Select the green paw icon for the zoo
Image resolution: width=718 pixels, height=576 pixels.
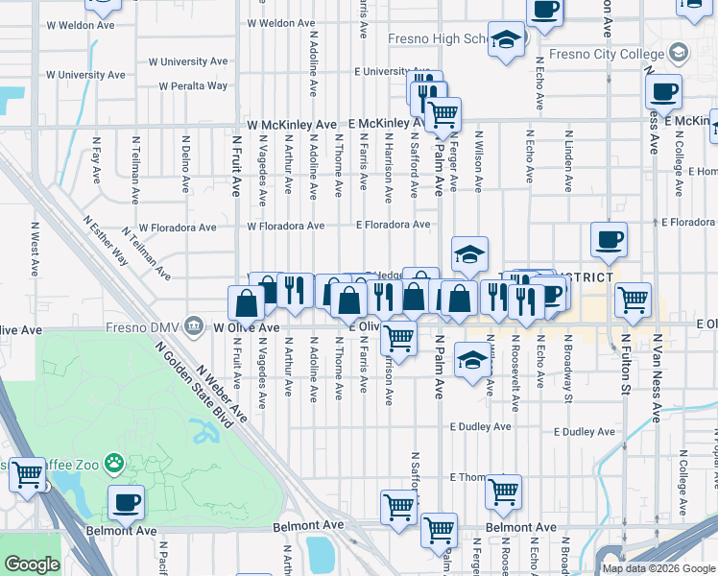tap(114, 463)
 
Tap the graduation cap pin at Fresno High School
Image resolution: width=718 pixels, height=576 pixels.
tap(506, 40)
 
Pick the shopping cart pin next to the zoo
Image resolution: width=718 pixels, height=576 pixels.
tap(28, 473)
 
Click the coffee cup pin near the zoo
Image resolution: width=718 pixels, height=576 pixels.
tap(126, 502)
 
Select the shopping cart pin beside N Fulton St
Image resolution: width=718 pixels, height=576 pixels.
tap(633, 300)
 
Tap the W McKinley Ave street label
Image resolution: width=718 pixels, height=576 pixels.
tap(292, 125)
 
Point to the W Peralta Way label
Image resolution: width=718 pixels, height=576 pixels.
tap(193, 85)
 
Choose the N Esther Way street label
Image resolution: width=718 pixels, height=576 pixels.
tap(106, 240)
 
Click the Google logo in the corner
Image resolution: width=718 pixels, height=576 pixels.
tap(32, 564)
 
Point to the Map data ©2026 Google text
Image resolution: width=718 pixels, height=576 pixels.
tap(658, 568)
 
